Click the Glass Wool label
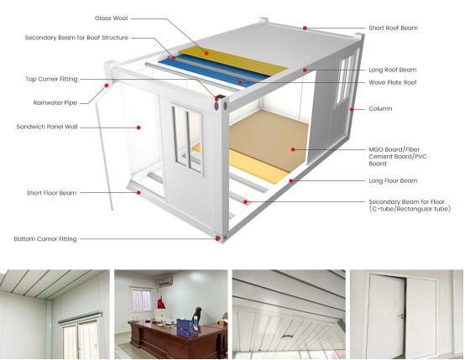click(x=111, y=18)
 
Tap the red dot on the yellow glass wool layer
click(x=206, y=53)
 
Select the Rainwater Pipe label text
click(x=55, y=103)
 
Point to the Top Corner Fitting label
click(x=51, y=79)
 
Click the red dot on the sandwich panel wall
click(x=138, y=128)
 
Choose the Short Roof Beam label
click(x=393, y=29)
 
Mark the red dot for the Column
click(x=352, y=109)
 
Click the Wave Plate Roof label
click(x=393, y=82)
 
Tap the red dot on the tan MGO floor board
click(x=293, y=149)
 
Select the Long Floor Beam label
click(x=393, y=181)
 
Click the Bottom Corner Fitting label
click(x=45, y=239)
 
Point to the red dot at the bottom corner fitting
click(x=217, y=238)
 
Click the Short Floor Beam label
click(x=51, y=193)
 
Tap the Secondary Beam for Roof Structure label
click(x=76, y=38)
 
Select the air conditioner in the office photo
click(x=166, y=280)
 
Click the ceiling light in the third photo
click(x=288, y=337)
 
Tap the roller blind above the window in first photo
click(x=80, y=317)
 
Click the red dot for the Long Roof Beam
click(x=305, y=70)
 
